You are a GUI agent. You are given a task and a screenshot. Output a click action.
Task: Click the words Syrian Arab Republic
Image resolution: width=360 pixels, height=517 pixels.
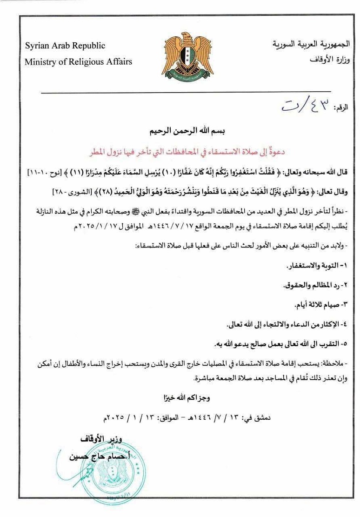65,46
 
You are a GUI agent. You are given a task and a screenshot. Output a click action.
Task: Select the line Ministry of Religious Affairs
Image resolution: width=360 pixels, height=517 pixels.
78,61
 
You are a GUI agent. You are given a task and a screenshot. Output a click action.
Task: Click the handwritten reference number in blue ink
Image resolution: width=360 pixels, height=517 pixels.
307,105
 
